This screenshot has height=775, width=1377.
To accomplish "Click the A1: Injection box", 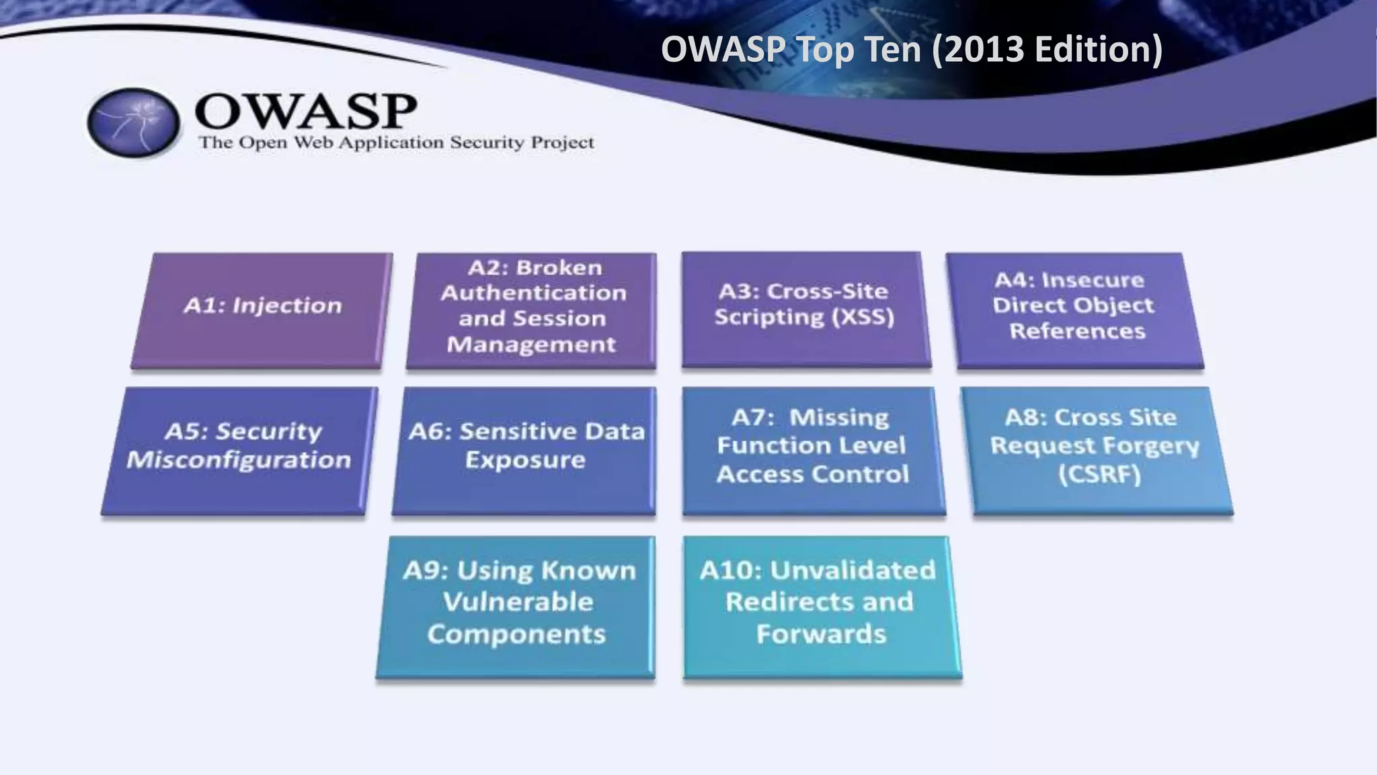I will click(x=262, y=309).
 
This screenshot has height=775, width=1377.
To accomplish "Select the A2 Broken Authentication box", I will click(x=532, y=309).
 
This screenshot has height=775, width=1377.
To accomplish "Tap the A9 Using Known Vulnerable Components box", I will click(x=516, y=605).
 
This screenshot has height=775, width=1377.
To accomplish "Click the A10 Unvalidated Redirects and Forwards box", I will click(x=820, y=605).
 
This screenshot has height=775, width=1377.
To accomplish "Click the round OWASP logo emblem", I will click(x=134, y=122).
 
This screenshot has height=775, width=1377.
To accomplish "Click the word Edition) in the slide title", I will click(x=1098, y=49).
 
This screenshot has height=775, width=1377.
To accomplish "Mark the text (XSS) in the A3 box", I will click(x=863, y=317).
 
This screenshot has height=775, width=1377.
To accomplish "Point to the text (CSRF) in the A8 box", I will click(x=1100, y=475).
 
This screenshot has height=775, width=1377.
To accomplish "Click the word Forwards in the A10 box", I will click(x=821, y=634).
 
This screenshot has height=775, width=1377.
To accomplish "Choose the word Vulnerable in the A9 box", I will click(x=518, y=602).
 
